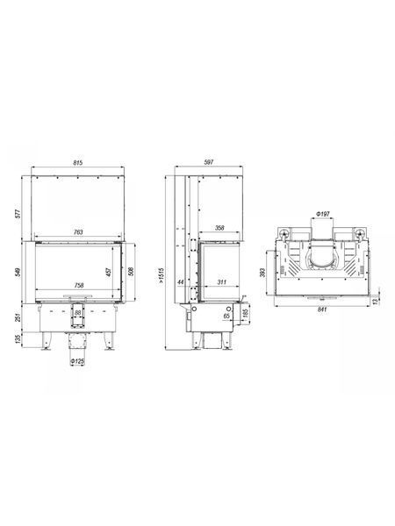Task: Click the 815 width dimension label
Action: coord(77,163)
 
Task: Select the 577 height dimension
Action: coord(18,214)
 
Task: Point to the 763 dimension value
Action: coord(78,231)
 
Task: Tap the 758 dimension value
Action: coord(79,286)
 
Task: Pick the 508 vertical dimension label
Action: coord(131,271)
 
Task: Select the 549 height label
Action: coord(18,272)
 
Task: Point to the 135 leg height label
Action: coord(18,339)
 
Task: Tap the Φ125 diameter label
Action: coord(77,361)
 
